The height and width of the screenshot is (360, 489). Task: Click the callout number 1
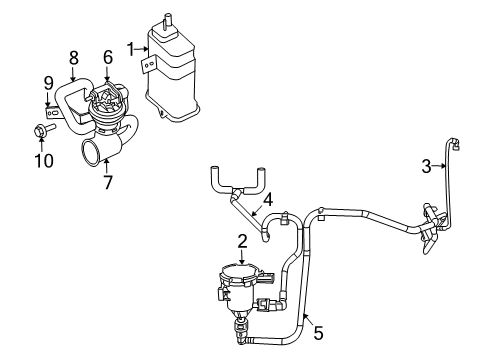129,46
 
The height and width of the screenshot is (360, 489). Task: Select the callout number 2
242,240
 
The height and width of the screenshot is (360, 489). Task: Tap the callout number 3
425,167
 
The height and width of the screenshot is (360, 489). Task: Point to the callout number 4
267,198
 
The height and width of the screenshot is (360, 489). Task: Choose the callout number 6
108,58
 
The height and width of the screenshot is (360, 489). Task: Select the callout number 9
47,81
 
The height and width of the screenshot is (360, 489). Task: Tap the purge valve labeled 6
106,100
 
